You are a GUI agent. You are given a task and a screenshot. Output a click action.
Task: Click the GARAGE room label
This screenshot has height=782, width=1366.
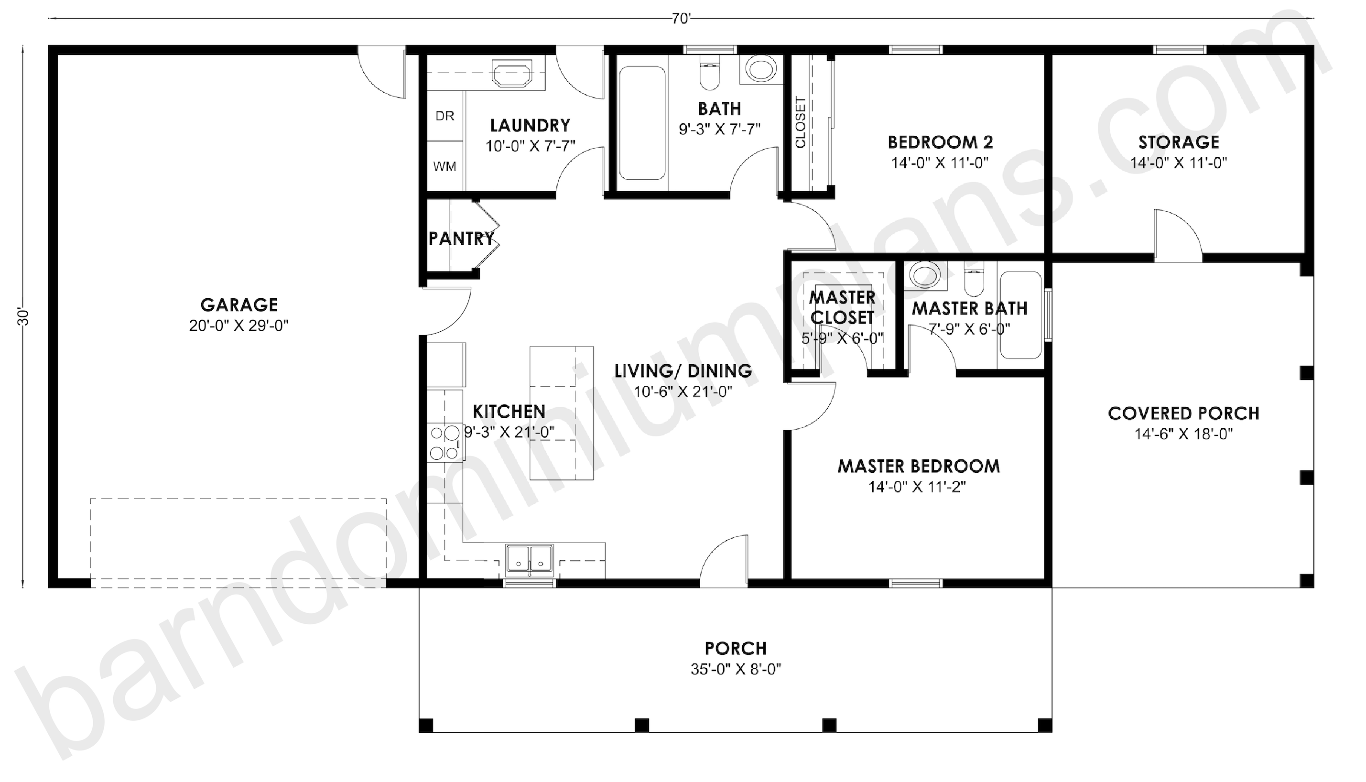click(239, 305)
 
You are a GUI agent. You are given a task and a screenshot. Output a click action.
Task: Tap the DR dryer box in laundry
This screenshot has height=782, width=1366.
click(444, 116)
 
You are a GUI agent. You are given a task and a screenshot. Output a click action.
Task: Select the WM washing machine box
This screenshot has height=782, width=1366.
click(444, 166)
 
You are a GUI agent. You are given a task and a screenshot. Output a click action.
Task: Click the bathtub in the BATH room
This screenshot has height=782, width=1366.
click(642, 123)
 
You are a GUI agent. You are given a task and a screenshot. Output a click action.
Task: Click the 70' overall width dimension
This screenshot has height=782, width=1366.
click(680, 19)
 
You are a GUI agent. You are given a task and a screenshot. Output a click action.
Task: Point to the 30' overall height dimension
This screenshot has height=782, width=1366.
click(22, 317)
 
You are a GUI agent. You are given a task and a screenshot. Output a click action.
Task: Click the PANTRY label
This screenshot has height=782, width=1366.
click(461, 238)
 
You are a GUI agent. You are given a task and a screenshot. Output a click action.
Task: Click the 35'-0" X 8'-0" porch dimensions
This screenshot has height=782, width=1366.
click(736, 669)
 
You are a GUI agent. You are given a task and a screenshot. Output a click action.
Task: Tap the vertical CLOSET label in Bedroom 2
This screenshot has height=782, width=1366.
click(800, 122)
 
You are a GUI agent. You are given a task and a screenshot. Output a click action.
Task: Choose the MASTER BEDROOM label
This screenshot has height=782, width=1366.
click(919, 466)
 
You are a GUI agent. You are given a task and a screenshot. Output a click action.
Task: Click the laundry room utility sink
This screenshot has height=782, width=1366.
click(512, 74)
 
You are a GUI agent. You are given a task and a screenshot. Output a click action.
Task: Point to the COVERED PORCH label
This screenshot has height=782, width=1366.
click(1183, 413)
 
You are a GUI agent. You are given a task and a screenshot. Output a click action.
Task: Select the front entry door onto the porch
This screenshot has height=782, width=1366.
click(724, 560)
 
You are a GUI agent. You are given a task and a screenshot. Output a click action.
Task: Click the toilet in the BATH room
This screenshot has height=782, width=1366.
click(709, 75)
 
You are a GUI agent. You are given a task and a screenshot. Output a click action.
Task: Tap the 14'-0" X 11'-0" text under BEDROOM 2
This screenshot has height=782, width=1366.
click(940, 163)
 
